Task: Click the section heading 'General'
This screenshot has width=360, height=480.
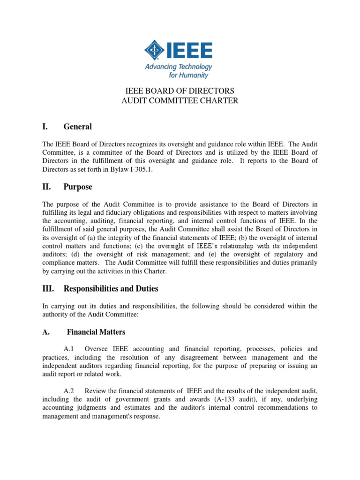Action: tap(78, 127)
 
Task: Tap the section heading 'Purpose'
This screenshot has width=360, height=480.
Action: tap(78, 187)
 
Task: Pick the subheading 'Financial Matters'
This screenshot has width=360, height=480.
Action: tap(96, 332)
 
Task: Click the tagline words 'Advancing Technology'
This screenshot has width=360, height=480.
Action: tap(179, 67)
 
